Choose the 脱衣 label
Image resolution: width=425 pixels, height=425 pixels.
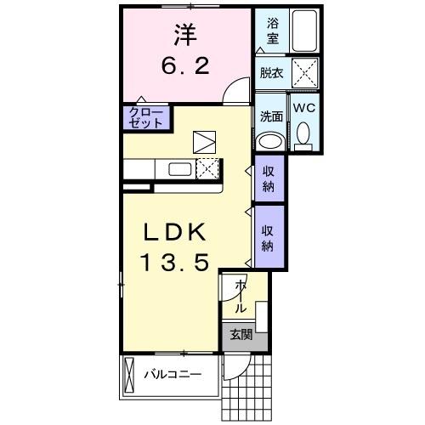[x=271, y=74]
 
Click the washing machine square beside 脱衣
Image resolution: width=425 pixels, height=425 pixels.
[x=303, y=71]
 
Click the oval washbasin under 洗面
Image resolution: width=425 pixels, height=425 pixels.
[x=271, y=141]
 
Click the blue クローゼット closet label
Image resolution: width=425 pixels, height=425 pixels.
[x=145, y=116]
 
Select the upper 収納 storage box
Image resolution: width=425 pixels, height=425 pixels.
[x=268, y=178]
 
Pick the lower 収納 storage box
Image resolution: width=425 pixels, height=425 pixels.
[x=268, y=232]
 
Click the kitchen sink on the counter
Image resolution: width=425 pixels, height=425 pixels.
[x=180, y=168]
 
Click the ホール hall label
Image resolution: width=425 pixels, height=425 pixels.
[x=241, y=296]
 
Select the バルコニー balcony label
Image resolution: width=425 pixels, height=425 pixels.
[x=173, y=374]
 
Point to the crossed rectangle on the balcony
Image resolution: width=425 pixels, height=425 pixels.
[x=129, y=374]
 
